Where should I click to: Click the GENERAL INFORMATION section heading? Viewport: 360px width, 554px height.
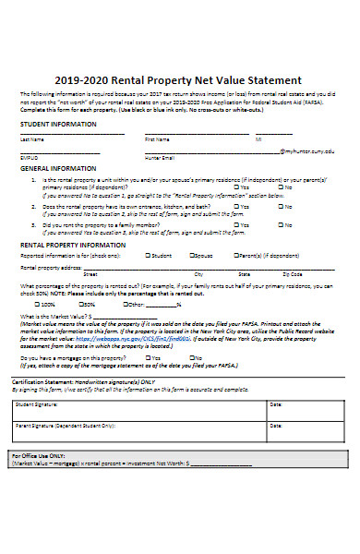click(58, 169)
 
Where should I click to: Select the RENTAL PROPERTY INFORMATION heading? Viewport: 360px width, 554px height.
click(75, 245)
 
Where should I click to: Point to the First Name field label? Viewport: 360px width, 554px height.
click(158, 139)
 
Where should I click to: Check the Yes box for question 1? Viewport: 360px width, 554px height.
click(237, 187)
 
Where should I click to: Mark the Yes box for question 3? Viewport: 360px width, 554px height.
click(237, 224)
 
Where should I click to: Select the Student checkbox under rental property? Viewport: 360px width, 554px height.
click(148, 256)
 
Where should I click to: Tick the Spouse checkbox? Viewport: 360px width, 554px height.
click(194, 256)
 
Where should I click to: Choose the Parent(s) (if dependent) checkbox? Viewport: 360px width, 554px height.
click(234, 256)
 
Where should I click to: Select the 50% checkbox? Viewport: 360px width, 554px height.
click(79, 303)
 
